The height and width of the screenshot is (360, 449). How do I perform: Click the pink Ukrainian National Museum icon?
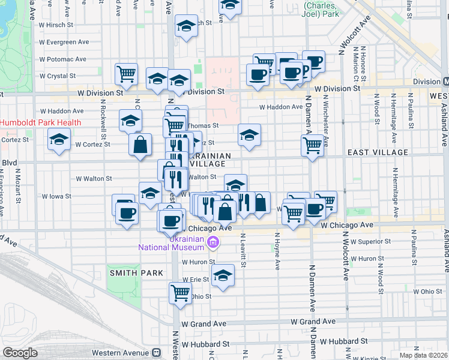(213, 242)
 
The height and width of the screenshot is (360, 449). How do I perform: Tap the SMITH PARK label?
(136, 273)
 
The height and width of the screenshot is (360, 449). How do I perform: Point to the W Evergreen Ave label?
(64, 42)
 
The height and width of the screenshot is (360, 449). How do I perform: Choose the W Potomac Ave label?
(62, 59)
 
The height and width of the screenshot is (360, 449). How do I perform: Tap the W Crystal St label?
(57, 76)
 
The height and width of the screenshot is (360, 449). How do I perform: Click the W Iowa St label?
(56, 196)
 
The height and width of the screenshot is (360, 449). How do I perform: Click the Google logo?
(20, 353)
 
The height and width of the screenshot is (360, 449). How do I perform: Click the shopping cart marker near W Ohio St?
(180, 292)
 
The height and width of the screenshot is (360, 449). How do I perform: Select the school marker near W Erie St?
(223, 275)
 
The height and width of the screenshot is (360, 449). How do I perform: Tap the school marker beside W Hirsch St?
(186, 26)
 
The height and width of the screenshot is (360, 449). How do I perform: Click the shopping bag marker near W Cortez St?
(140, 145)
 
